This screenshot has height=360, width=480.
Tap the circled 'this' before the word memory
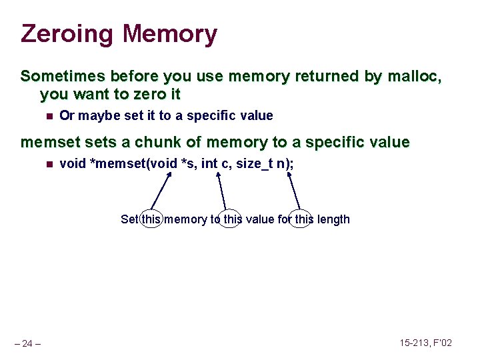[x=151, y=219]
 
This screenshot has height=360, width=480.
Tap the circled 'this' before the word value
[x=230, y=219]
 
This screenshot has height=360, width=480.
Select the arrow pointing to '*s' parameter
[x=162, y=191]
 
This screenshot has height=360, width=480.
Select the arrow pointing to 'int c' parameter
[x=222, y=191]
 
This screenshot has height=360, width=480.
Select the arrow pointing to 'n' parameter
[x=294, y=191]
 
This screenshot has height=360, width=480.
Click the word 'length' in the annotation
[x=333, y=219]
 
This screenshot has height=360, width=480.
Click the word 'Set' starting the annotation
[x=129, y=219]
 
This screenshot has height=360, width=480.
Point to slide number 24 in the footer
[x=28, y=343]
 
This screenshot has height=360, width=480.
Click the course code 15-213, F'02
[x=425, y=343]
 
